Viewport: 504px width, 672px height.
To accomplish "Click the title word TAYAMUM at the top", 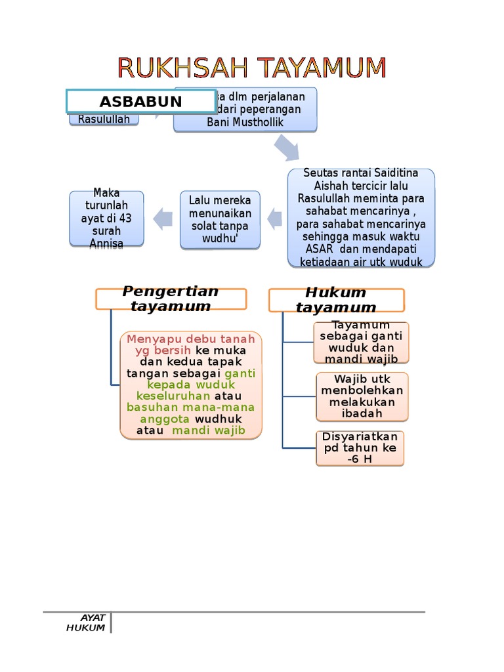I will click(x=322, y=68).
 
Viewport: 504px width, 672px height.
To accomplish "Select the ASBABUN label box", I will click(x=141, y=102).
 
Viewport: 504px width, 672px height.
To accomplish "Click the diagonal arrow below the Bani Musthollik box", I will click(x=286, y=148).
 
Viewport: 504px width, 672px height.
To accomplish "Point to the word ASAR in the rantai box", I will click(x=319, y=249).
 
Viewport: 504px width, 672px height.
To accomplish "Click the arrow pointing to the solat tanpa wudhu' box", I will click(x=274, y=219).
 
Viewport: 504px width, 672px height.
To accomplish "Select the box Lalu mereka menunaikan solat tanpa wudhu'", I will click(x=220, y=220).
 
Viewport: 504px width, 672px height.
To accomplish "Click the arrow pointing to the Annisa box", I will click(x=163, y=219).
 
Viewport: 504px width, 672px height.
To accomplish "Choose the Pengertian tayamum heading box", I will click(x=171, y=299).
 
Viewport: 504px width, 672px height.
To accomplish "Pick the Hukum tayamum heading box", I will click(x=336, y=300).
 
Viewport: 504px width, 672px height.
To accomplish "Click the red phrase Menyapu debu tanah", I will click(x=191, y=339).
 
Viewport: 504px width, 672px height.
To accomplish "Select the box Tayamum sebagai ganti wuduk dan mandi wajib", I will click(x=360, y=342).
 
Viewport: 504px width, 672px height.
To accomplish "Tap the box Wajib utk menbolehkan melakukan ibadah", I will click(x=362, y=396).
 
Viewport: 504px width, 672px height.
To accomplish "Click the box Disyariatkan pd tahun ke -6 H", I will click(x=360, y=448).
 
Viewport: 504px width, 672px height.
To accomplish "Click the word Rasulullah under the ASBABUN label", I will click(x=104, y=119).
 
